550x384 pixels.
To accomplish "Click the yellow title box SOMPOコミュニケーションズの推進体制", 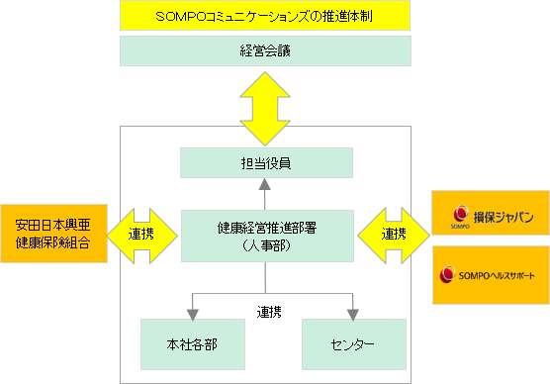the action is point(265,16).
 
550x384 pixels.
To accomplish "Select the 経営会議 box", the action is point(265,50).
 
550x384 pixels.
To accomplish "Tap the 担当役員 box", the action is point(266,163).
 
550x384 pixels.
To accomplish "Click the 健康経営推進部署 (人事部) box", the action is point(267,236).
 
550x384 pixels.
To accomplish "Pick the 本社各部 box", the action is point(193,344).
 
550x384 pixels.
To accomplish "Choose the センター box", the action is point(354,344).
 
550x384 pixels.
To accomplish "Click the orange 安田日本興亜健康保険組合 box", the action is point(53,234).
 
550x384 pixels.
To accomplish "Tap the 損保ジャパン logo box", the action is point(491,213).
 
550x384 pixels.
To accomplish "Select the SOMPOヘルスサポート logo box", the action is point(491,275).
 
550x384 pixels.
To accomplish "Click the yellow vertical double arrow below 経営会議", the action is point(265,109).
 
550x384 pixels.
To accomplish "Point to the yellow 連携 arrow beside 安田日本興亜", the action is point(141,236).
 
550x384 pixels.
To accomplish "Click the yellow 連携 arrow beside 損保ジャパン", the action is point(394,236).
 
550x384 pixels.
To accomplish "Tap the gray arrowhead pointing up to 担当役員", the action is point(265,184).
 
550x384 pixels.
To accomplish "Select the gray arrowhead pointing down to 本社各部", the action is point(193,315).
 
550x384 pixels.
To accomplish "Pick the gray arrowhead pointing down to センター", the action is point(353,315).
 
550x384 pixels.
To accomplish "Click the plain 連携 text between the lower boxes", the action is point(269,312).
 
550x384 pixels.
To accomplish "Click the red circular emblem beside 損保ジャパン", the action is point(461,214).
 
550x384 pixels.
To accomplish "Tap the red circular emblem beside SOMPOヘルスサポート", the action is point(447,274).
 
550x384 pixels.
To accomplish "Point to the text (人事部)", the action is point(267,245).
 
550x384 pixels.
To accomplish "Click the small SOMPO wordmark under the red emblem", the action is point(460,227).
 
